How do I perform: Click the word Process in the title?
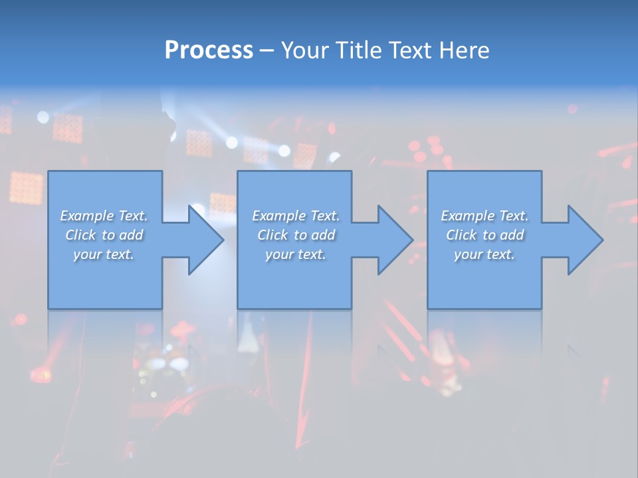[x=209, y=50]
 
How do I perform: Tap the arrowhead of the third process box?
[x=584, y=240]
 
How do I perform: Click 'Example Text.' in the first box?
[x=104, y=216]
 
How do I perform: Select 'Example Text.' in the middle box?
[x=295, y=216]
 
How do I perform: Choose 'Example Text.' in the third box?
[x=484, y=216]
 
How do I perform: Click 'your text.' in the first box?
[x=104, y=254]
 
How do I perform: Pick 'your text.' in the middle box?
[x=295, y=254]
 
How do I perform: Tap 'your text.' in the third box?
[x=484, y=254]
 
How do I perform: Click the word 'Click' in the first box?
[x=80, y=235]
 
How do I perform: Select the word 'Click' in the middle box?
[x=272, y=235]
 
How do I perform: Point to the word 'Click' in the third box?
[x=461, y=235]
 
